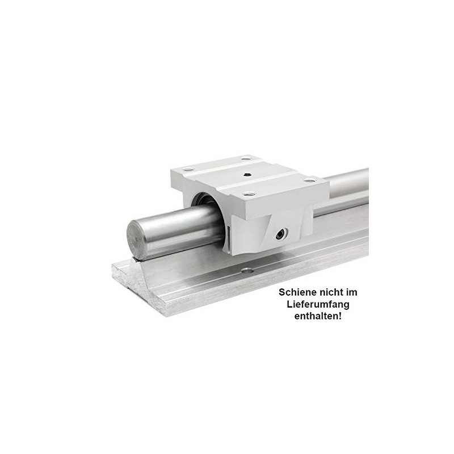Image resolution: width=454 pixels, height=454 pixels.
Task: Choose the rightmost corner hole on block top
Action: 310,180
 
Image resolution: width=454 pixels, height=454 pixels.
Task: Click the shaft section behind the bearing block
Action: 346,190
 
